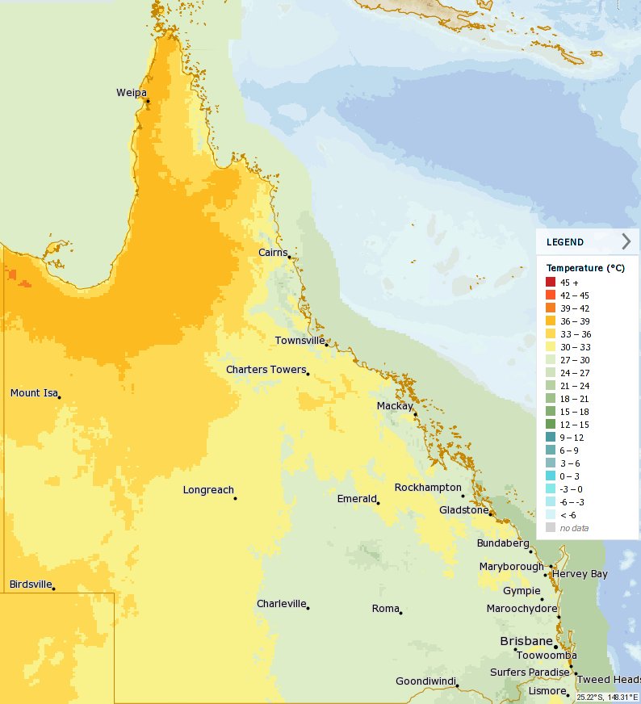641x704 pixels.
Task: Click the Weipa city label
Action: coord(131,93)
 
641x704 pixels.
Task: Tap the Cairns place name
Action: coord(273,253)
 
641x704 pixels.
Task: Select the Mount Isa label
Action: coord(33,393)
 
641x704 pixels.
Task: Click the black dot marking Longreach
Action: coord(235,498)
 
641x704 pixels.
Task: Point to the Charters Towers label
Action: coord(266,370)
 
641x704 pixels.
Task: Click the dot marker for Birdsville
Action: coord(53,589)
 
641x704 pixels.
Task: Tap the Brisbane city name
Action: coord(526,641)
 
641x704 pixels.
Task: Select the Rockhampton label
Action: coord(428,488)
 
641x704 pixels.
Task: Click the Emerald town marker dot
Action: coord(378,503)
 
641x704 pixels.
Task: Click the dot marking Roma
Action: coord(400,612)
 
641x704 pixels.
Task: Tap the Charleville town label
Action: coord(280,604)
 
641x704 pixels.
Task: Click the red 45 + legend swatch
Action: coord(550,282)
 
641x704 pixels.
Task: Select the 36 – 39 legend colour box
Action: coord(550,321)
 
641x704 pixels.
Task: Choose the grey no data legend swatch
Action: coord(550,527)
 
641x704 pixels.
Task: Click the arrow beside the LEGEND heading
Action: coord(626,241)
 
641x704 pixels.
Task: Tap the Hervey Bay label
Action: coord(580,574)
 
